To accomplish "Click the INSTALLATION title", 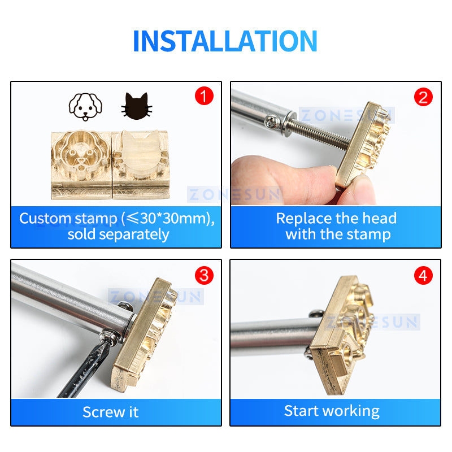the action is [225, 41].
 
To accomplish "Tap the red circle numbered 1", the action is [204, 96].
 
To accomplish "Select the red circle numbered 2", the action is [423, 97].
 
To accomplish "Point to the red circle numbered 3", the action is [204, 275].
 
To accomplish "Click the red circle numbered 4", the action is [423, 275].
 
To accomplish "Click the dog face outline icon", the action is [85, 107].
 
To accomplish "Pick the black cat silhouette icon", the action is [137, 106].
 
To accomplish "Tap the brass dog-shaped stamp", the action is [81, 164].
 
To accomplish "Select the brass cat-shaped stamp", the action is [141, 164].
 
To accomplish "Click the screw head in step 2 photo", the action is [272, 122].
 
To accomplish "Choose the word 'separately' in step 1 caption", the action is [134, 234].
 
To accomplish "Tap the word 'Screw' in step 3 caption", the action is [103, 412].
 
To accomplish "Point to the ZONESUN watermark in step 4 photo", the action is [372, 321].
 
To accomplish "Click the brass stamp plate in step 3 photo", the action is [144, 335].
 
